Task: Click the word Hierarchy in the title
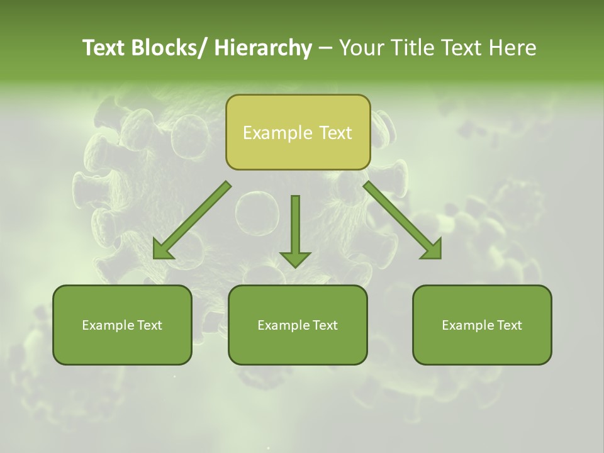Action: click(263, 48)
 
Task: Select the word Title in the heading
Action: click(410, 48)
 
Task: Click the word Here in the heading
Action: click(513, 48)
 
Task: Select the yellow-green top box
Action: click(298, 132)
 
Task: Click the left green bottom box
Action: click(122, 325)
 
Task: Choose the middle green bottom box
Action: click(298, 325)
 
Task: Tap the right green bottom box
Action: click(482, 325)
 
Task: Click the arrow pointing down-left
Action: click(192, 221)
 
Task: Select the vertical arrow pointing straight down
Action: click(295, 230)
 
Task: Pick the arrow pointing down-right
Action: click(403, 221)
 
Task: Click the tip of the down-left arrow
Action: click(155, 258)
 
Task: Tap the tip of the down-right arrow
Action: click(440, 258)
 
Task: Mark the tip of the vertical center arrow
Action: click(295, 267)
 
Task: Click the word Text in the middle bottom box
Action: click(324, 325)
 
